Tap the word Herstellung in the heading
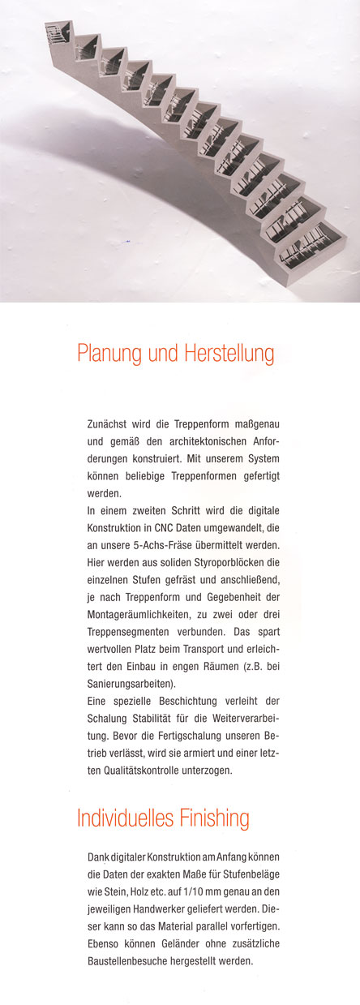[226, 354]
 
